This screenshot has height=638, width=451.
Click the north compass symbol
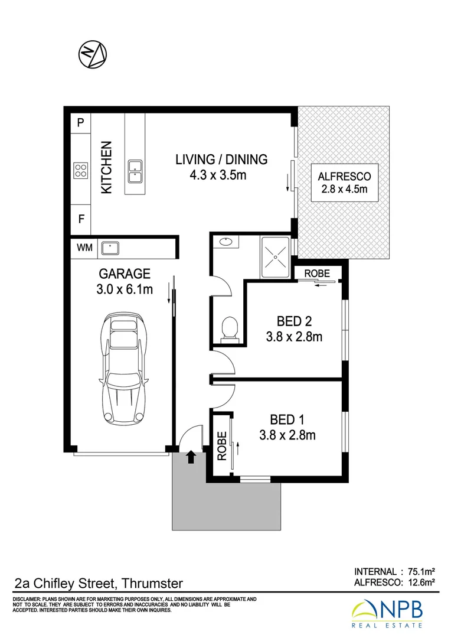pyautogui.click(x=92, y=54)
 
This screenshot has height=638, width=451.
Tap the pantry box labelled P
pyautogui.click(x=81, y=122)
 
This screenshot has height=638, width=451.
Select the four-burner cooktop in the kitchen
pyautogui.click(x=81, y=171)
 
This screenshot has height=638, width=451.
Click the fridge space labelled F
pyautogui.click(x=81, y=219)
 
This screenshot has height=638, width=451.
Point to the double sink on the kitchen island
pyautogui.click(x=135, y=171)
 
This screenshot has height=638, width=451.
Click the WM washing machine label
pyautogui.click(x=84, y=248)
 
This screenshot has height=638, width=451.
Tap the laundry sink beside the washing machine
pyautogui.click(x=110, y=248)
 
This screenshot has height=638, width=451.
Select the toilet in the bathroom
pyautogui.click(x=230, y=328)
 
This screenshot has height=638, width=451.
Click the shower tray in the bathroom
pyautogui.click(x=275, y=257)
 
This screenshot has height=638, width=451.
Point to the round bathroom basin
pyautogui.click(x=225, y=242)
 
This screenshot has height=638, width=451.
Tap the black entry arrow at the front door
pyautogui.click(x=191, y=457)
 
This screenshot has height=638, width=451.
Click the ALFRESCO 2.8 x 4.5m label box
pyautogui.click(x=345, y=183)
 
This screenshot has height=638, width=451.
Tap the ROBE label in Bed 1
pyautogui.click(x=221, y=446)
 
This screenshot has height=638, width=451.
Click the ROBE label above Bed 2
pyautogui.click(x=317, y=273)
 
